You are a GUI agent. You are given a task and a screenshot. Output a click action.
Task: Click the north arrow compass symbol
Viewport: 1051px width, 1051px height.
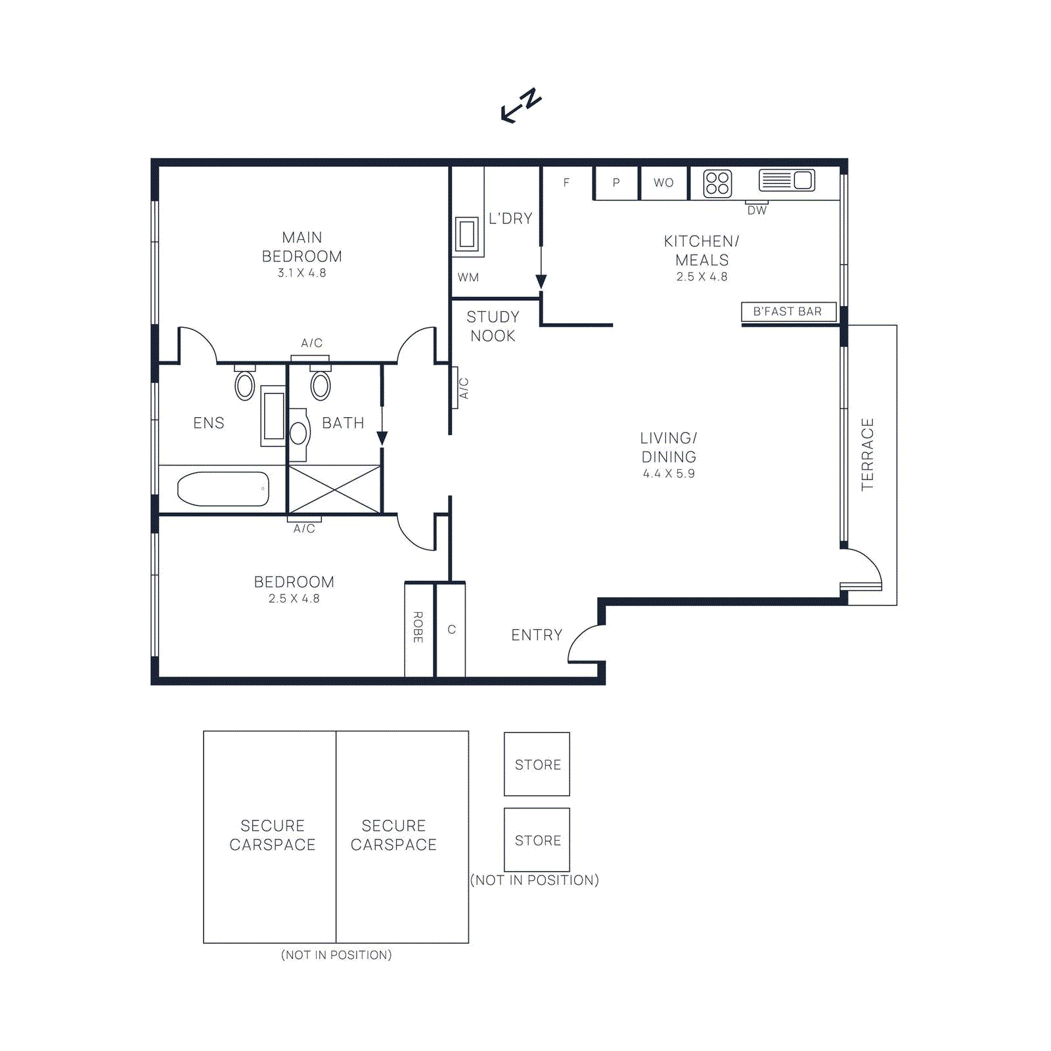(x=521, y=105)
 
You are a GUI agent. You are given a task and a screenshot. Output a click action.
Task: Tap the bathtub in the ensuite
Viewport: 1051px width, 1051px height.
(x=223, y=489)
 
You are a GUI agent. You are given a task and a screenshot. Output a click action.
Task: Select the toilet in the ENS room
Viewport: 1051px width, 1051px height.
(x=245, y=385)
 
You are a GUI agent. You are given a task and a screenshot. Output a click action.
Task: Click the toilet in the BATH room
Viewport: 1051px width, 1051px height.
(x=321, y=385)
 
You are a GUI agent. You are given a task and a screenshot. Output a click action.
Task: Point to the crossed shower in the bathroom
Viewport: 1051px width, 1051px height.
(x=334, y=489)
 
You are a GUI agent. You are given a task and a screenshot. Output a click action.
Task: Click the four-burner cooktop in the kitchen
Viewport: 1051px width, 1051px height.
(x=717, y=183)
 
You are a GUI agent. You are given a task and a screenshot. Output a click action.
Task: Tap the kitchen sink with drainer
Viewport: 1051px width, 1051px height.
(x=786, y=180)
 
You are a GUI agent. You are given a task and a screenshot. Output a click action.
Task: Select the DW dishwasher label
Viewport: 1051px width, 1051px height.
(x=757, y=211)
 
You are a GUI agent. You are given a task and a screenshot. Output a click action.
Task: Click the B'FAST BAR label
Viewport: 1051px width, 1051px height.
(x=788, y=311)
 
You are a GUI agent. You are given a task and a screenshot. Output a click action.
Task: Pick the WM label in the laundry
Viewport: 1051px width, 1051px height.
(x=468, y=277)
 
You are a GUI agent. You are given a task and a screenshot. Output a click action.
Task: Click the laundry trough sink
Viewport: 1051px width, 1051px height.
(x=467, y=234)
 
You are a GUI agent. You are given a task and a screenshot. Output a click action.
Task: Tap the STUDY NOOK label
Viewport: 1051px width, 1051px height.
(x=493, y=326)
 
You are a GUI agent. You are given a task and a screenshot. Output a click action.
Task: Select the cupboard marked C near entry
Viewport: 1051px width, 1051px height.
(x=451, y=629)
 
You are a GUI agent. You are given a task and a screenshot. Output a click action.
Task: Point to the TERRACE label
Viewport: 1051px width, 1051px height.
(x=868, y=455)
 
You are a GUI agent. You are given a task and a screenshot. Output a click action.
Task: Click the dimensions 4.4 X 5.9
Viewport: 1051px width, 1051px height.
(x=669, y=474)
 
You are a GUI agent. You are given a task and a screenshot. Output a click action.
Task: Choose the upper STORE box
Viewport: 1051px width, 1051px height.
(x=537, y=764)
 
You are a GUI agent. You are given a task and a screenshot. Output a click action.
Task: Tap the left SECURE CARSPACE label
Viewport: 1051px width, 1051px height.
(x=272, y=835)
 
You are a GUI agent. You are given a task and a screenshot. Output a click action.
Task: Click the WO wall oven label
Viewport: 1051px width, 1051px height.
(x=663, y=183)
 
